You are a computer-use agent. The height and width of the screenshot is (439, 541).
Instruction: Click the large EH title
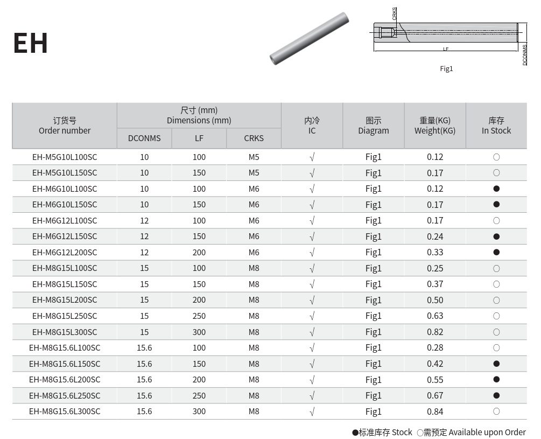pos(30,43)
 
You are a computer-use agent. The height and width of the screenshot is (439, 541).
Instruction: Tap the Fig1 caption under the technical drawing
pos(446,69)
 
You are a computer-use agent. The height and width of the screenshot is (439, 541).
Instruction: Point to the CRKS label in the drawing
pos(395,14)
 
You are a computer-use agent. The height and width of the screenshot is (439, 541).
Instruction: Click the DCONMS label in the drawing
pos(524,55)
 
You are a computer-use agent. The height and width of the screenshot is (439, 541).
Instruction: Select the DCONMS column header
pos(144,138)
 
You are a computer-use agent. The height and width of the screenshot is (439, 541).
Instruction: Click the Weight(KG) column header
pos(435,131)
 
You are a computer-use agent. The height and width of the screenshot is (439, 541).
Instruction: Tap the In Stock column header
pos(496,131)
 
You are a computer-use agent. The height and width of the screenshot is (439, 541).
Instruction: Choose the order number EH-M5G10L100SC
pos(65,157)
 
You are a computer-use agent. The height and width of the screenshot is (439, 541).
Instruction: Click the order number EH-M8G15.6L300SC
pos(65,412)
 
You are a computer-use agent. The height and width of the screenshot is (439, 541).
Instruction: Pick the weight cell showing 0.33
pos(435,252)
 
